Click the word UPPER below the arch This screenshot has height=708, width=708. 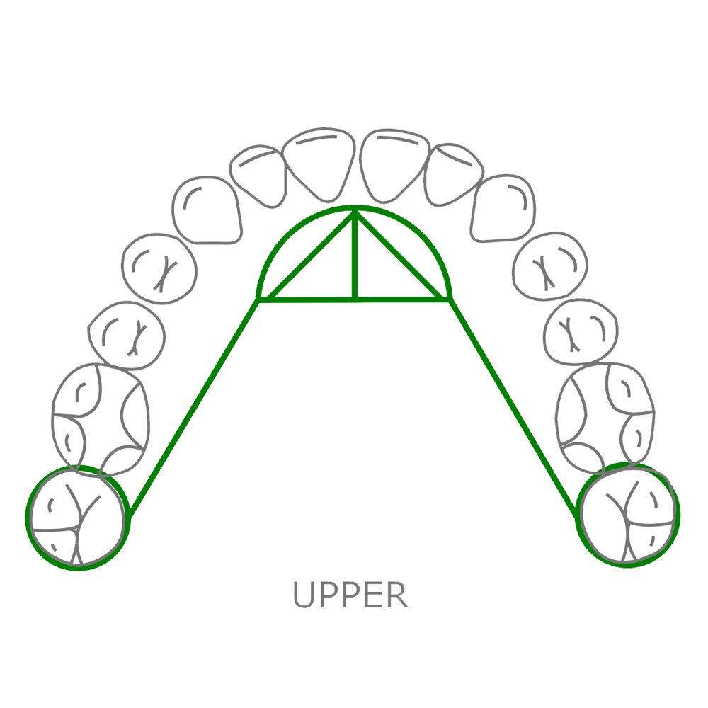click(351, 595)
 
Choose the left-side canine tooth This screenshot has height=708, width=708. click(208, 207)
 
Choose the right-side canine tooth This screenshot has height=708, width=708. click(503, 207)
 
